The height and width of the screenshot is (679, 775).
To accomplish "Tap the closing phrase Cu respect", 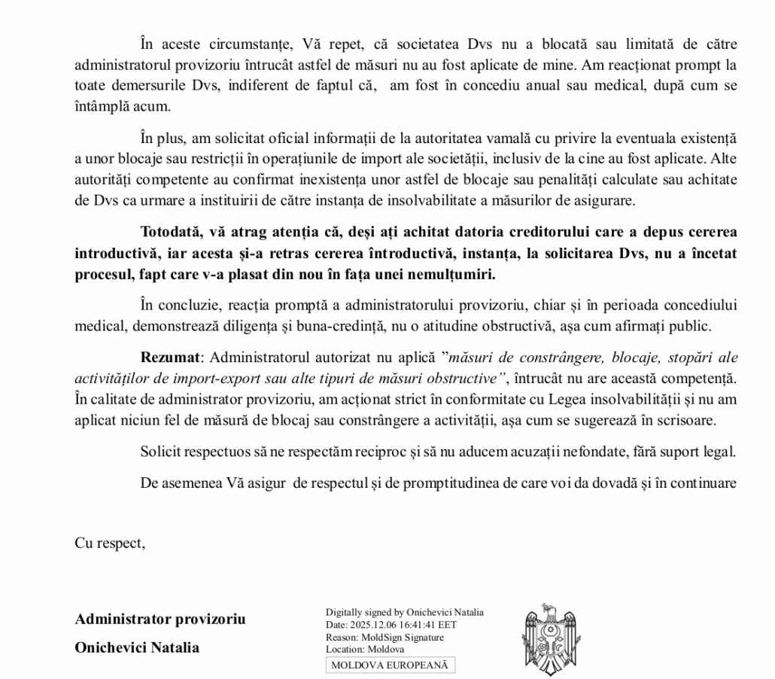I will [110, 543].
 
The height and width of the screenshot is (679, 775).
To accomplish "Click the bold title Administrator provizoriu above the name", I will [160, 620].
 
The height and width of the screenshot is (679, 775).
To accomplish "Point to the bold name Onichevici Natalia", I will [137, 647].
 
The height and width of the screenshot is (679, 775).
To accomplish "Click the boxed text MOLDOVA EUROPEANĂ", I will [390, 665].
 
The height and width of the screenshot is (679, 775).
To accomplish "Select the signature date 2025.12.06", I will [389, 625].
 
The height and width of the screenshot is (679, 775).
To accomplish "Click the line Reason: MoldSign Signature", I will [384, 637].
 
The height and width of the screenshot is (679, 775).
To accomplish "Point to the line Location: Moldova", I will [365, 648].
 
